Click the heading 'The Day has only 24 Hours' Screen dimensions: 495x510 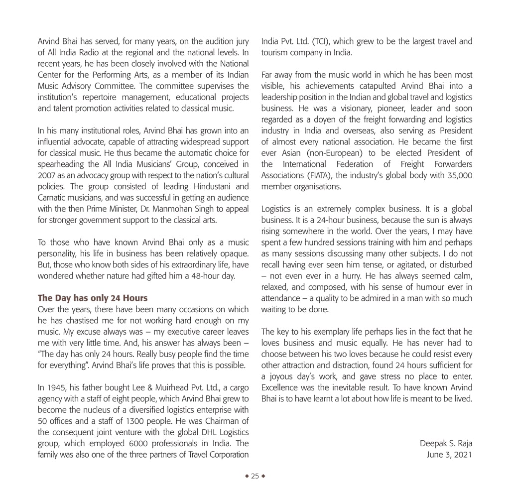point(93,298)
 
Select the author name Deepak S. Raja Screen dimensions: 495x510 point(446,443)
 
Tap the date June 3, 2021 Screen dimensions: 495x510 point(449,454)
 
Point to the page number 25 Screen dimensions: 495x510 point(255,476)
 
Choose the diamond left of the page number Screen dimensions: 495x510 point(247,476)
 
